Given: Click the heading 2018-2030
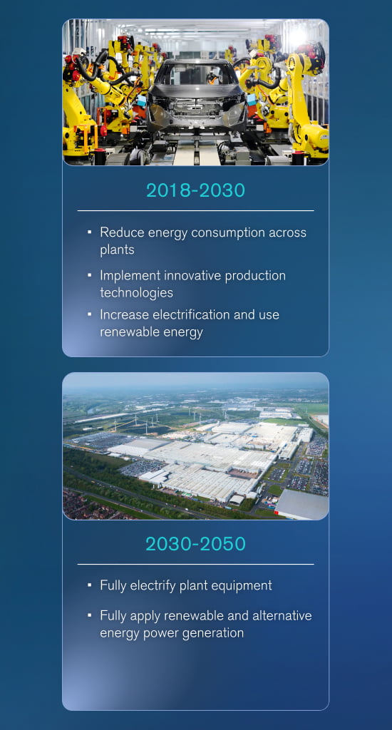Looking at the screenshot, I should pyautogui.click(x=195, y=190).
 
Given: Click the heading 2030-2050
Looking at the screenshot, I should pyautogui.click(x=195, y=544).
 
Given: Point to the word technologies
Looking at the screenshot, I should pyautogui.click(x=136, y=292).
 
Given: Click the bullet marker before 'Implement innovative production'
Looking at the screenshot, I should pyautogui.click(x=90, y=274).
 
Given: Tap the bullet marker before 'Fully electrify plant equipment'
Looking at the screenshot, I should pyautogui.click(x=90, y=585).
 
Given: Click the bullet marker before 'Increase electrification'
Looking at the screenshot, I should pyautogui.click(x=90, y=314).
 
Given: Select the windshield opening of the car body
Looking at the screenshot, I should pyautogui.click(x=196, y=75).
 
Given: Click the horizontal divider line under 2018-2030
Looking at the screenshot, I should pyautogui.click(x=195, y=211).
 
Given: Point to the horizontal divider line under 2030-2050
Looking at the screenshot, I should pyautogui.click(x=195, y=565).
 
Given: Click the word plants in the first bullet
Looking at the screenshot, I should pyautogui.click(x=117, y=250).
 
